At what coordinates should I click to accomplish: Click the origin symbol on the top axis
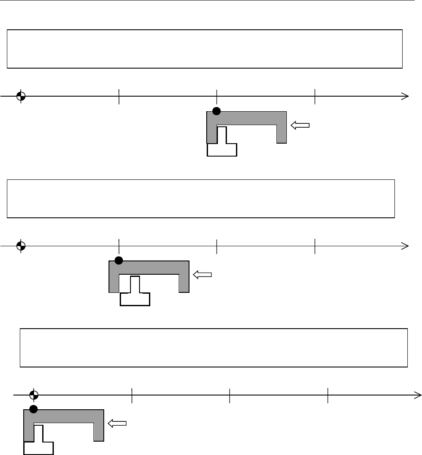(20, 96)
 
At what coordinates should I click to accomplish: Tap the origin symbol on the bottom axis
(34, 394)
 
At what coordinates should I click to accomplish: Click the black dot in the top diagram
(217, 111)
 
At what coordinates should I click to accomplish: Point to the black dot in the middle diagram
(119, 260)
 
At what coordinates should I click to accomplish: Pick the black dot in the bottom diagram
(34, 409)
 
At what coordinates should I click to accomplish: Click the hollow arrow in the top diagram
(300, 126)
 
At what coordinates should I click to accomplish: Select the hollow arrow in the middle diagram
(203, 274)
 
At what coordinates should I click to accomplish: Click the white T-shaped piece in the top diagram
(222, 144)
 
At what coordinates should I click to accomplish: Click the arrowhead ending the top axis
(405, 96)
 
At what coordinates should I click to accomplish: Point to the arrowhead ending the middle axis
(405, 246)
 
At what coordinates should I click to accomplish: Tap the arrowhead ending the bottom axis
(417, 394)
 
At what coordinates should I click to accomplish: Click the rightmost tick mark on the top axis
(315, 96)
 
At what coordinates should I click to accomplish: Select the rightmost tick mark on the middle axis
(315, 246)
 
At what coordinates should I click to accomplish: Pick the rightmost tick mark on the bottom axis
(328, 394)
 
